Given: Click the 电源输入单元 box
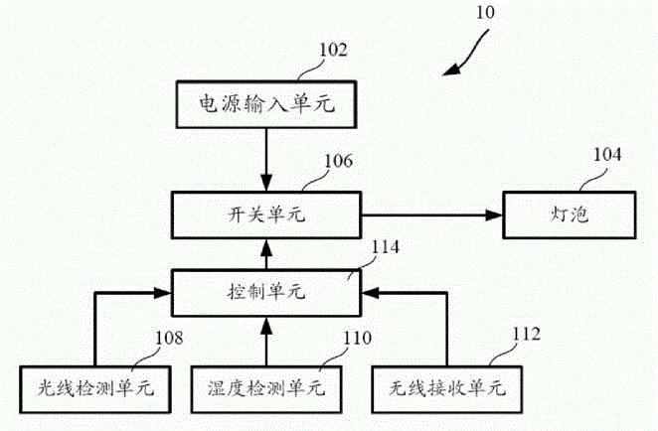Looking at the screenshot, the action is click(266, 104).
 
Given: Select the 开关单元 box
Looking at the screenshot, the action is click(266, 215).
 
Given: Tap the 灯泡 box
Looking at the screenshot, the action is click(570, 215).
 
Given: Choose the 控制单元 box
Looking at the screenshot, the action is click(266, 292).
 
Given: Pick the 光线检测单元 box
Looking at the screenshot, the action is click(94, 389).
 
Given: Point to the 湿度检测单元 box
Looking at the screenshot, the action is click(266, 389).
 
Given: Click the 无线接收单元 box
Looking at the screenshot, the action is click(447, 389).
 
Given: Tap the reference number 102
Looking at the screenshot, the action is click(334, 50).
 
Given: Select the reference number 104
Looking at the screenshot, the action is click(606, 155).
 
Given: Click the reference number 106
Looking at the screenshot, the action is click(339, 161).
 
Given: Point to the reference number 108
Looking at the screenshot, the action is click(169, 338).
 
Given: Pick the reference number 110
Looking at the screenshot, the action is click(358, 338).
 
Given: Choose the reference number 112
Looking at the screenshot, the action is click(527, 334).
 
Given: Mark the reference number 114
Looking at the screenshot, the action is click(386, 247).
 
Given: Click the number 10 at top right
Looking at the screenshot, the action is click(485, 13).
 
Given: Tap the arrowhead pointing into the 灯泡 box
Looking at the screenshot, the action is click(494, 215).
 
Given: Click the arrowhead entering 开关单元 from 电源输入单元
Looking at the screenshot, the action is click(266, 183).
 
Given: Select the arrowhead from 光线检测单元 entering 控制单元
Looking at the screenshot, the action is click(163, 293).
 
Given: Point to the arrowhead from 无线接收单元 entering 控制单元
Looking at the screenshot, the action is click(370, 293).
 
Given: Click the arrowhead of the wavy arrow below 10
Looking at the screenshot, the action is click(450, 71).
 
